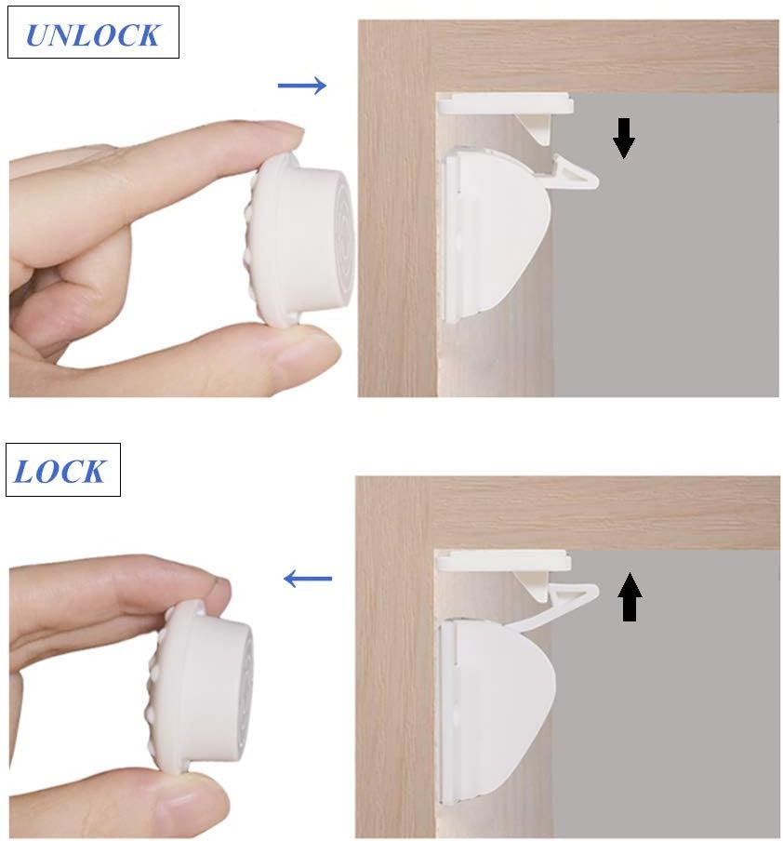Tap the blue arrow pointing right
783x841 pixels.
pyautogui.click(x=302, y=87)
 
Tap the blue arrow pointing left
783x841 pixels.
pyautogui.click(x=307, y=579)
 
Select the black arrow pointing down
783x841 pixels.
pyautogui.click(x=624, y=138)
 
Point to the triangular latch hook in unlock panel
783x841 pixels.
pyautogui.click(x=573, y=172)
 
